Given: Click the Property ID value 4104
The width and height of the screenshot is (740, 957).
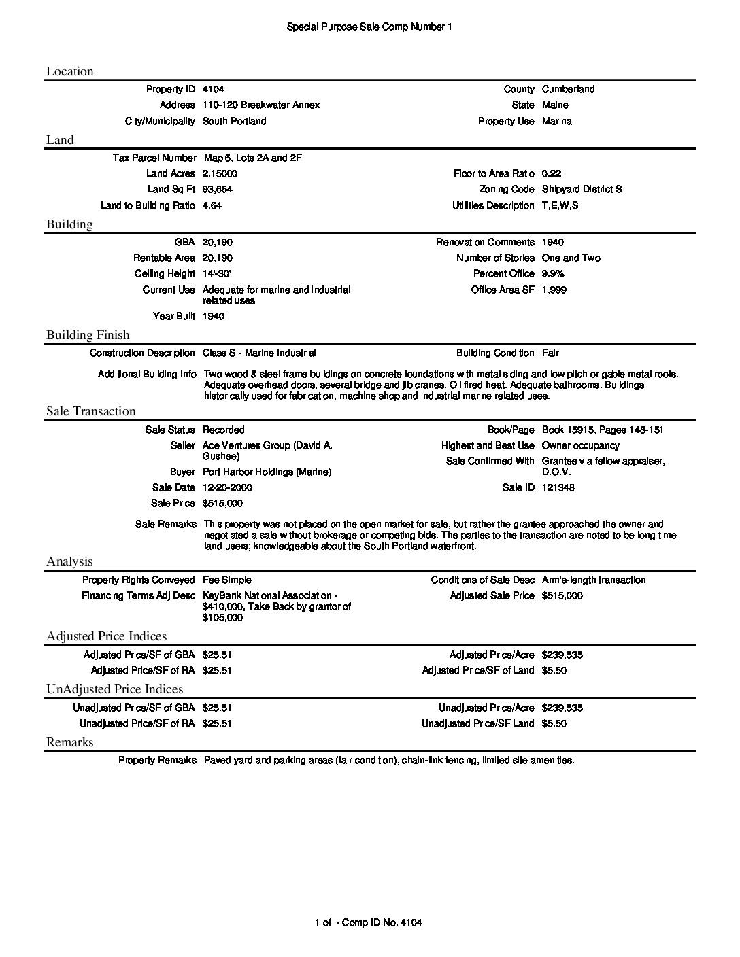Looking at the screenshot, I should tap(214, 89).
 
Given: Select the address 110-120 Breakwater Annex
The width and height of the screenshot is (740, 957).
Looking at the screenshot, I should tap(261, 105).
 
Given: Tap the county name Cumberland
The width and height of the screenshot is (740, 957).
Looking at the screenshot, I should tap(568, 89).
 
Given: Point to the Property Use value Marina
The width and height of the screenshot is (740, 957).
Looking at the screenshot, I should tap(557, 121).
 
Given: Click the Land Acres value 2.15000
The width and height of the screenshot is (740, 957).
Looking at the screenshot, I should tap(220, 173).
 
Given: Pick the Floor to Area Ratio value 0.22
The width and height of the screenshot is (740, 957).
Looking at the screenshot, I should tap(552, 173).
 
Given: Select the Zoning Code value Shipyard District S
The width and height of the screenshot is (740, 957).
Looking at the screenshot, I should tap(582, 189).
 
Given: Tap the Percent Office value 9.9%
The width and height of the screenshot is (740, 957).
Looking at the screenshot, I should tap(553, 273).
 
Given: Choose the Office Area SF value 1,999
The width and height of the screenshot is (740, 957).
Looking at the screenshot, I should tap(554, 290).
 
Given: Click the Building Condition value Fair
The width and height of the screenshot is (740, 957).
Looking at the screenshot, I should tap(551, 353).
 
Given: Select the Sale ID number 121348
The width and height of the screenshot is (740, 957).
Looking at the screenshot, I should tap(558, 487).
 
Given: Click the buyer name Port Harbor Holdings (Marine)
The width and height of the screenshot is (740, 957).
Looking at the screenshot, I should tap(267, 472).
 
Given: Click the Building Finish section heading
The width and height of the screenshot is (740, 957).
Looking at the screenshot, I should tap(88, 335).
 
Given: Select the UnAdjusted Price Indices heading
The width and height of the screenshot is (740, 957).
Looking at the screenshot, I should tap(114, 689).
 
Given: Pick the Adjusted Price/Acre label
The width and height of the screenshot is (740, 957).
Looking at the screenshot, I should tap(492, 655).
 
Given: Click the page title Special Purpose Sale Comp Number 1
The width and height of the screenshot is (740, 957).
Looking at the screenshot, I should tap(369, 27).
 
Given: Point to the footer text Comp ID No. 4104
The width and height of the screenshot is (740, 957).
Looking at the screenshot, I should tap(382, 922).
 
